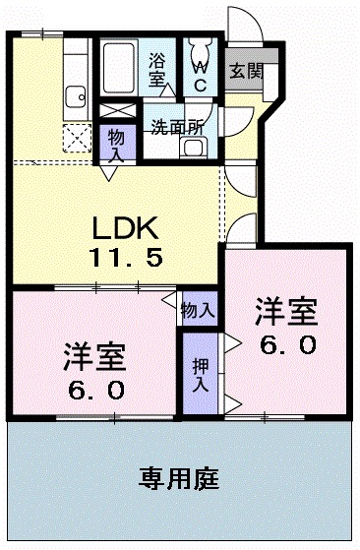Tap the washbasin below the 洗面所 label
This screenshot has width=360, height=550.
194,147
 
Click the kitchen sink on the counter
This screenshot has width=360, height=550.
75,96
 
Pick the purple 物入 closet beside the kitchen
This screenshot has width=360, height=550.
116,143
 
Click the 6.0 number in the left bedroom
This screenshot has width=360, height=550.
96,390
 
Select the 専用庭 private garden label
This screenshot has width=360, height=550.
178,480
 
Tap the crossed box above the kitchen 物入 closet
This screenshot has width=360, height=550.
116,111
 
